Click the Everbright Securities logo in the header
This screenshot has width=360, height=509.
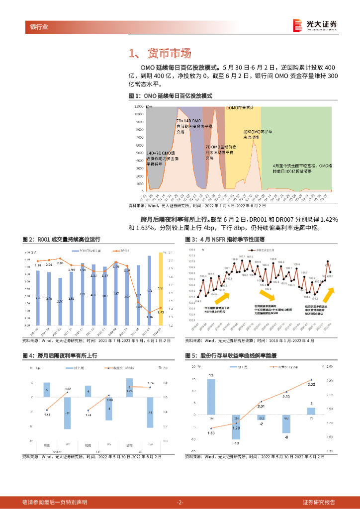point(315,25)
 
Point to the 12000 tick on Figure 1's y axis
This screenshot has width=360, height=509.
point(139,107)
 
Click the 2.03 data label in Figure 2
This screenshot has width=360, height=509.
point(60,262)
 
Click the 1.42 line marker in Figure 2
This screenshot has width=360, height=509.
point(160,308)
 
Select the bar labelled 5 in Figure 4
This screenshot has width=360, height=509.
point(47,390)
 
